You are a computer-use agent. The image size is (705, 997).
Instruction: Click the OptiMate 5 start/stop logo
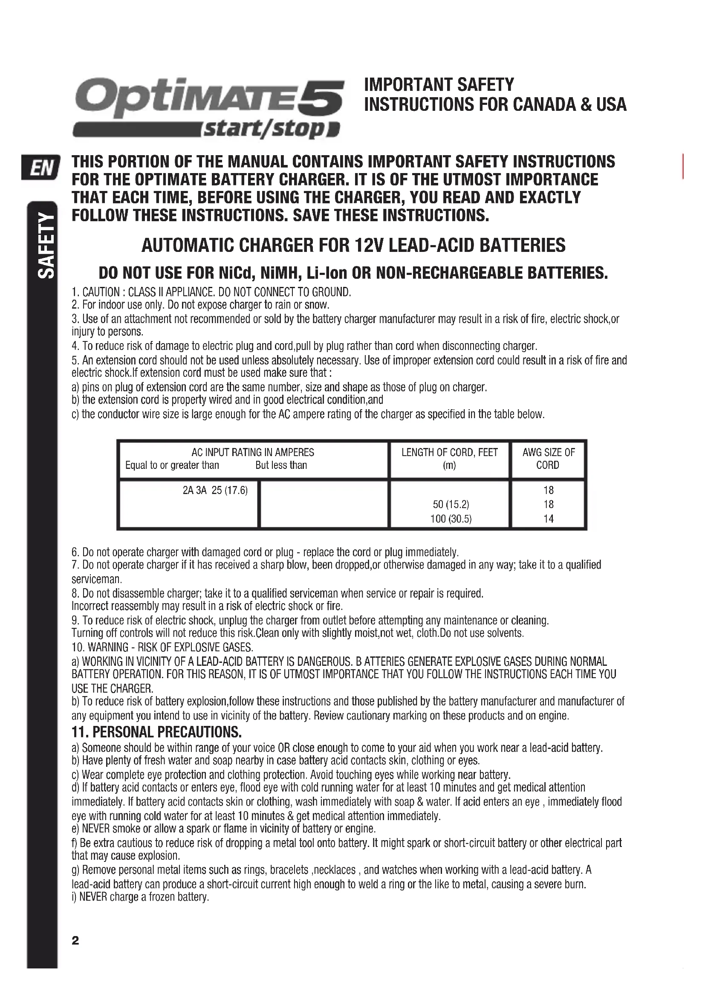pyautogui.click(x=208, y=107)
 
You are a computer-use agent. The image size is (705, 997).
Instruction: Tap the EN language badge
pyautogui.click(x=40, y=167)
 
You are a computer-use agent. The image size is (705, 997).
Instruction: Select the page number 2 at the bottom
pyautogui.click(x=75, y=941)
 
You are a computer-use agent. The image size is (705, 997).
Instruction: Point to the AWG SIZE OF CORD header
pyautogui.click(x=548, y=459)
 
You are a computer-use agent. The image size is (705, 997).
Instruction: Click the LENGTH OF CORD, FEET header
pyautogui.click(x=449, y=453)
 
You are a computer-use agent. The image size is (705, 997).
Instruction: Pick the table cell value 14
pyautogui.click(x=548, y=518)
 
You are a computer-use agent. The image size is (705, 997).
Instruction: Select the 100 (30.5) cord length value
pyautogui.click(x=451, y=518)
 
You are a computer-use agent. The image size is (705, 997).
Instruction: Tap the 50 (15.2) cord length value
pyautogui.click(x=451, y=504)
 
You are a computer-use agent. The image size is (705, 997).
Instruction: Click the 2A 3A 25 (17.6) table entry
pyautogui.click(x=215, y=490)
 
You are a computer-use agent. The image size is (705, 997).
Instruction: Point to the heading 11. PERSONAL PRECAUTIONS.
pyautogui.click(x=156, y=732)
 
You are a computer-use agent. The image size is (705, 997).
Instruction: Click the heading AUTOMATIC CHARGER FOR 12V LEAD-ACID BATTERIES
pyautogui.click(x=353, y=246)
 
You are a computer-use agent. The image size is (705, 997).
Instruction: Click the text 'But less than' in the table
pyautogui.click(x=281, y=465)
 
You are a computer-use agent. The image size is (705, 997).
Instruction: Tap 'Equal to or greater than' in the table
pyautogui.click(x=172, y=465)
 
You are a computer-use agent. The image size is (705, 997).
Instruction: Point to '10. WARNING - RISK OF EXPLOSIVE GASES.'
pyautogui.click(x=162, y=647)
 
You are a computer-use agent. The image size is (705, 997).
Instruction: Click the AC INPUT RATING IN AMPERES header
pyautogui.click(x=253, y=453)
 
